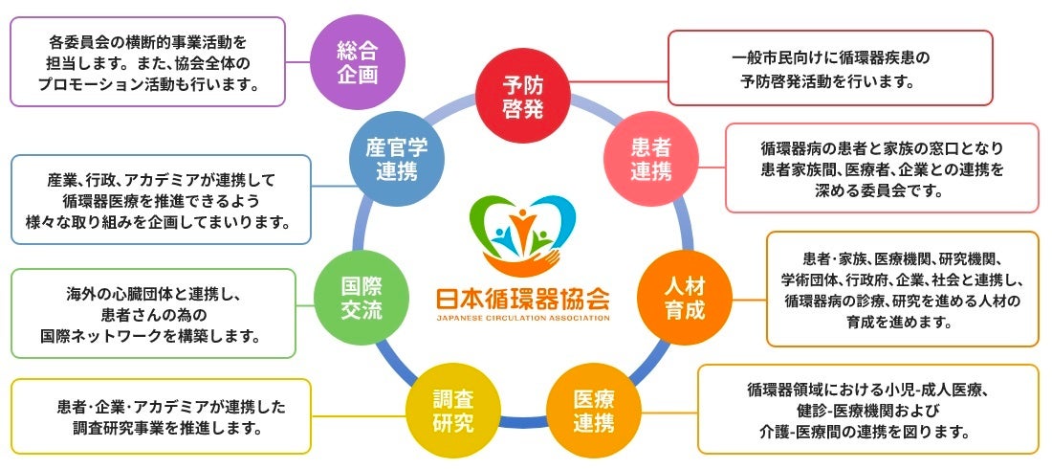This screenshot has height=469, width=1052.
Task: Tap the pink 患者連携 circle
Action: (x=651, y=159)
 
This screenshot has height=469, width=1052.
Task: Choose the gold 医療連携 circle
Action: (x=594, y=409)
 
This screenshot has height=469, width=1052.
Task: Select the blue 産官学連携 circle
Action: (x=394, y=159)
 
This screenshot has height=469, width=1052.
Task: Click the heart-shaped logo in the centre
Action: (x=522, y=234)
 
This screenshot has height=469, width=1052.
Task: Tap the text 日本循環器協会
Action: (x=522, y=298)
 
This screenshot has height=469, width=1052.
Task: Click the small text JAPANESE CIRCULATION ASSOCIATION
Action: (x=522, y=318)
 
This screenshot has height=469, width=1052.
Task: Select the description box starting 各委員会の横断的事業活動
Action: (x=148, y=60)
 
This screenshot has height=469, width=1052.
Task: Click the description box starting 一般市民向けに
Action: (x=829, y=68)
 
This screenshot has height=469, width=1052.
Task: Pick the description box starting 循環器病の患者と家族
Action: (x=881, y=167)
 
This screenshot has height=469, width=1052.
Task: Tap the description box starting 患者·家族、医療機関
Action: (x=902, y=289)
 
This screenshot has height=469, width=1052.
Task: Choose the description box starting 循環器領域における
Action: (x=867, y=409)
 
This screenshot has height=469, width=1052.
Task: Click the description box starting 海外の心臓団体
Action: (x=154, y=313)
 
